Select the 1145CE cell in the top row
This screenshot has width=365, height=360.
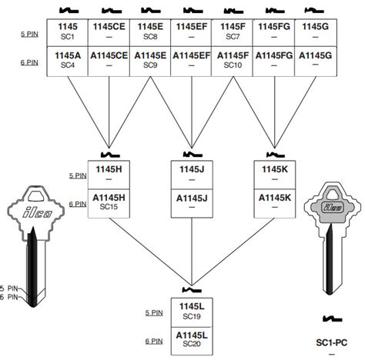(x=109, y=32)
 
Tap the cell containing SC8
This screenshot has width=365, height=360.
(x=150, y=32)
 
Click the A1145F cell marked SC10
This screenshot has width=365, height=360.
(x=233, y=60)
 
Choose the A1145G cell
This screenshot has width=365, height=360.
(x=315, y=60)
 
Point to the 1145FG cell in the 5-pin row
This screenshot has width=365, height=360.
(x=274, y=32)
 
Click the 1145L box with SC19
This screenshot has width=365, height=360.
(x=191, y=311)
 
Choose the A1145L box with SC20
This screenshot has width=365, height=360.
(x=191, y=339)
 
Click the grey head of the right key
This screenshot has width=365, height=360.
(x=332, y=208)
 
